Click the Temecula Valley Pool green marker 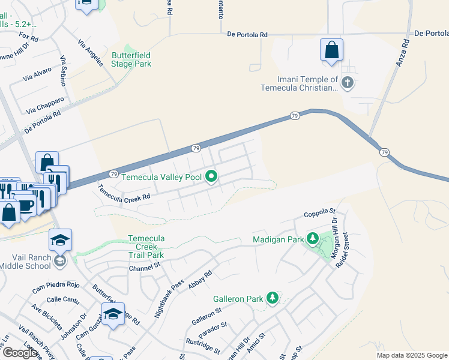[x=211, y=177]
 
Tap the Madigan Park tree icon [x=312, y=239]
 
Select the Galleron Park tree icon [x=273, y=298]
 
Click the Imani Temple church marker [x=348, y=83]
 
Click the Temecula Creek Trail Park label [x=146, y=247]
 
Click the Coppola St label [x=319, y=211]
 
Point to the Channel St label [x=145, y=266]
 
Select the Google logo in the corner [x=20, y=353]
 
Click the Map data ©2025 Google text [x=411, y=355]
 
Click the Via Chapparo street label [x=45, y=106]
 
